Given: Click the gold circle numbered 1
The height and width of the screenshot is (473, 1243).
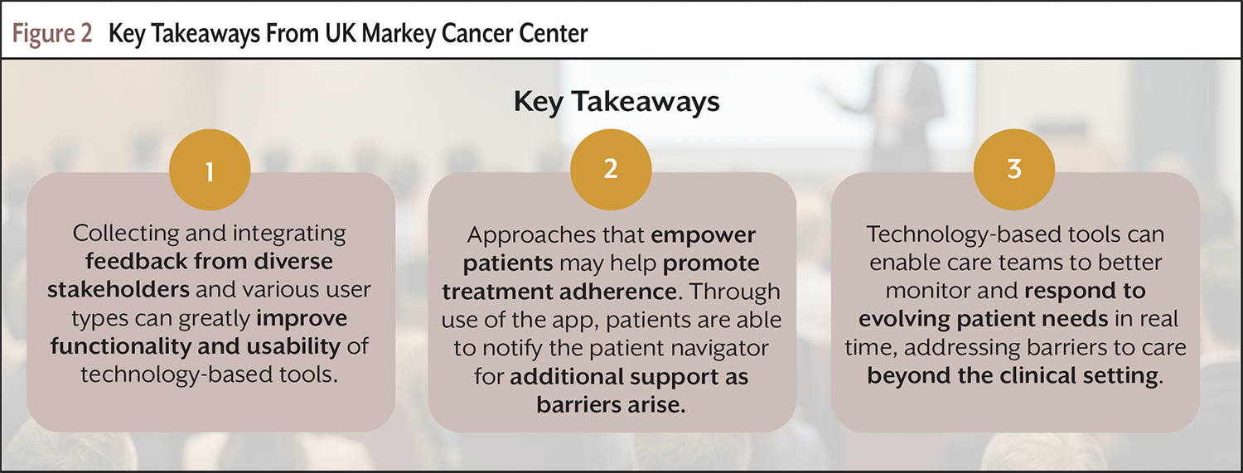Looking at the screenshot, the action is tap(210, 170).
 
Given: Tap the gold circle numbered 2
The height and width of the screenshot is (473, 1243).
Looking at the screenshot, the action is tap(611, 170).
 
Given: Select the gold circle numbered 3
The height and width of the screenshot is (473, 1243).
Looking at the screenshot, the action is tap(1014, 170).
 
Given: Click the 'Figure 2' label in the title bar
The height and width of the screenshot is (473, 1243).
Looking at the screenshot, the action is tap(52, 34).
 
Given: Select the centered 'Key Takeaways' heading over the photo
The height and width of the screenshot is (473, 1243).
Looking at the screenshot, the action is tap(617, 102).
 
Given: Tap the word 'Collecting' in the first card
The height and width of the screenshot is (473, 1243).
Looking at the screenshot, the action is tap(126, 234).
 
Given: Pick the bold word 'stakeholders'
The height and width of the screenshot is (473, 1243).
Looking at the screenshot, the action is tap(118, 289).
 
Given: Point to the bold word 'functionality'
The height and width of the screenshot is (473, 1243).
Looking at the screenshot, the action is tap(121, 346).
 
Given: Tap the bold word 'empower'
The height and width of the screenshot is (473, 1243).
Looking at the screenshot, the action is tap(703, 235).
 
